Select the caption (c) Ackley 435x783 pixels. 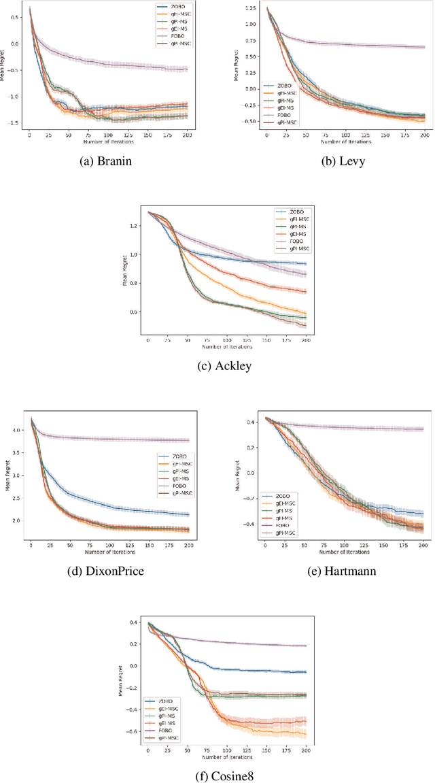tap(224, 365)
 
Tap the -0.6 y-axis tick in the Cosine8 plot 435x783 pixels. tap(133, 731)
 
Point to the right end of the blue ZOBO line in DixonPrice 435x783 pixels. tap(188, 515)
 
